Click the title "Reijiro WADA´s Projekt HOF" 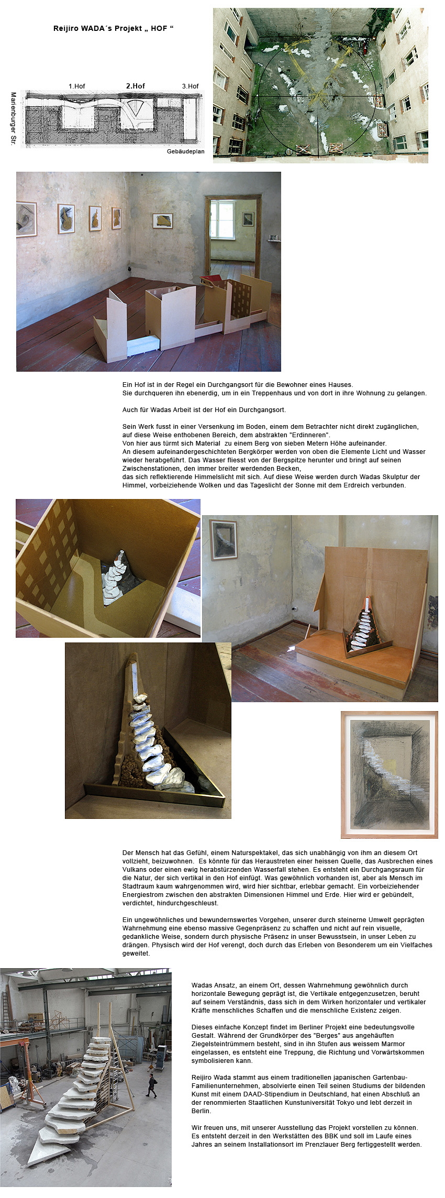113,28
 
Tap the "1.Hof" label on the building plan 76,86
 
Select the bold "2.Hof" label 136,86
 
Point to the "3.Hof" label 191,86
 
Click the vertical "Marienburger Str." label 14,119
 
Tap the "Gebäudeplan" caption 186,151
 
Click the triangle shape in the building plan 136,107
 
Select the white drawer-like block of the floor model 143,346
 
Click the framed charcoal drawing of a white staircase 389,775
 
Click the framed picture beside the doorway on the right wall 248,219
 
